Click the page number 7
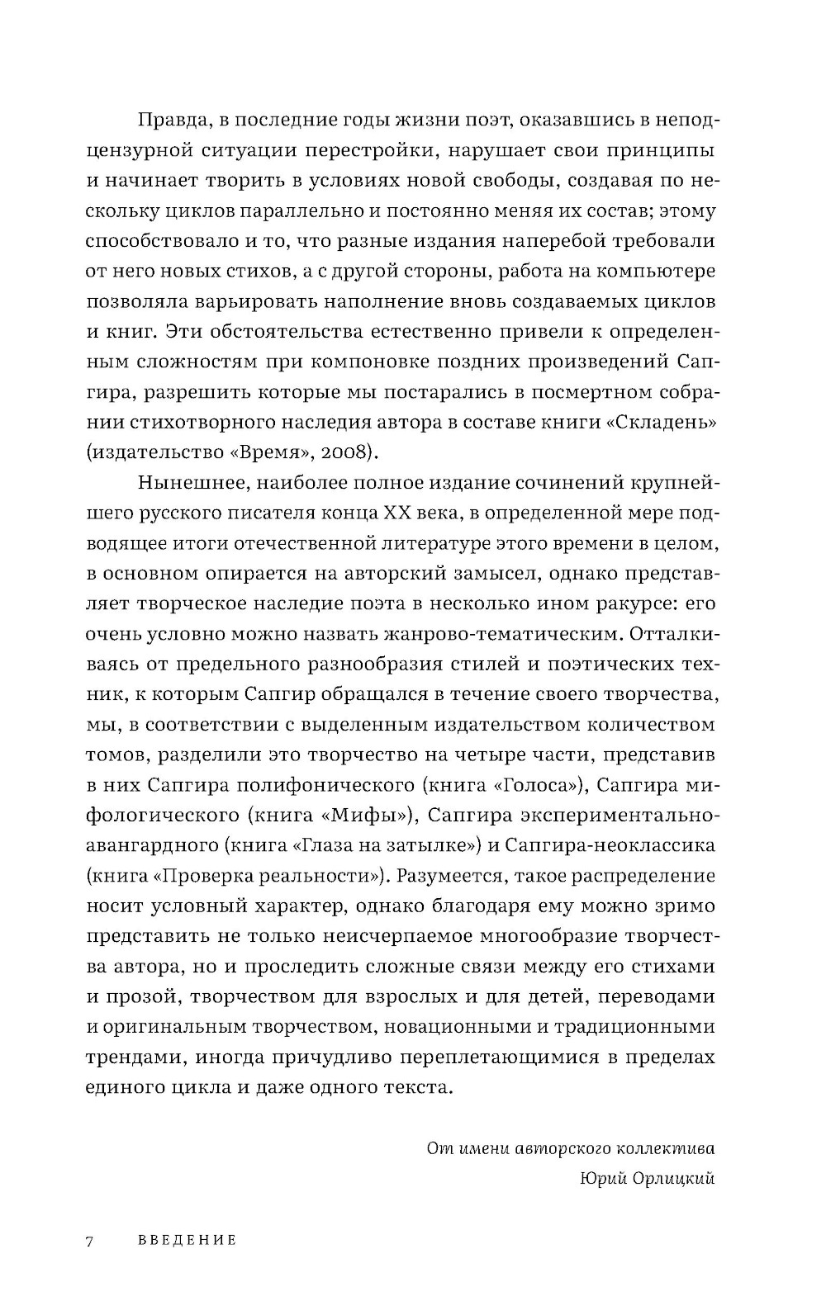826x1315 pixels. (x=89, y=1240)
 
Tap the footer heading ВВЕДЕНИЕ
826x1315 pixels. (x=187, y=1240)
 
